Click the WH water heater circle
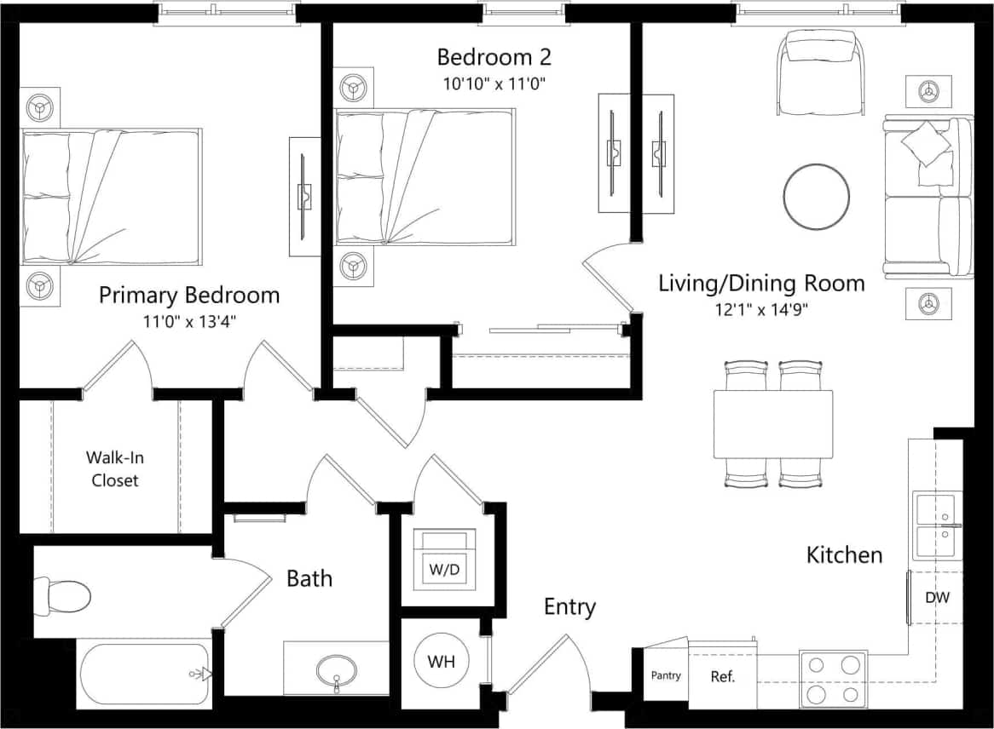(x=440, y=662)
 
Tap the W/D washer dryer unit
(x=442, y=560)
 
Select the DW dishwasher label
(x=938, y=598)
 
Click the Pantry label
(x=666, y=676)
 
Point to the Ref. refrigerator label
(x=722, y=678)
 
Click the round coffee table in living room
(x=817, y=196)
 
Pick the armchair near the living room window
(x=820, y=72)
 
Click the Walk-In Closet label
(x=115, y=468)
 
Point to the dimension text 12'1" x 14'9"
(x=762, y=309)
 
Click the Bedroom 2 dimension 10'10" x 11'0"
(x=494, y=83)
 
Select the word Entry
(x=569, y=607)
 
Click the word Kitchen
(x=844, y=555)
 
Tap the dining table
(x=773, y=423)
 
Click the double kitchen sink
(x=936, y=525)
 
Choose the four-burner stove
(x=833, y=679)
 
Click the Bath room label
(x=309, y=579)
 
